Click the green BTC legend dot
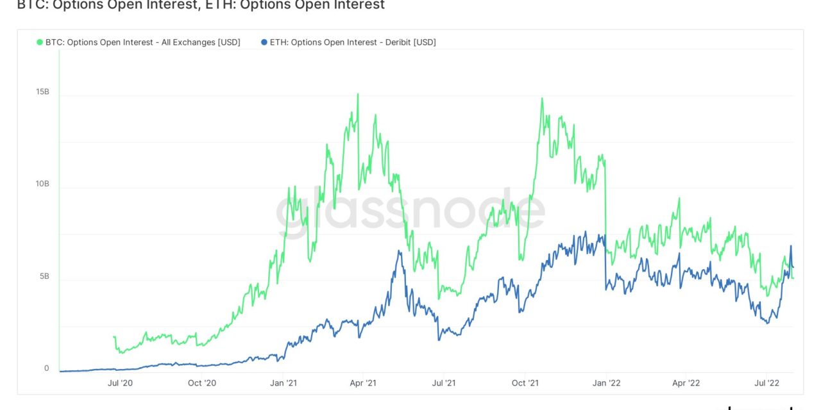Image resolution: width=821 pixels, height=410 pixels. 40,42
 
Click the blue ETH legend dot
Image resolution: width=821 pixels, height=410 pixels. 264,42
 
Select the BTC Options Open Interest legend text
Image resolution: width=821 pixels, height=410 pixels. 142,42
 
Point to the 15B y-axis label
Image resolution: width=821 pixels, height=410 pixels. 42,92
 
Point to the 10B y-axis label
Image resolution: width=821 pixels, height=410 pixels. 42,184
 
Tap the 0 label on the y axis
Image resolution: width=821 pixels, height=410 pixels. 46,368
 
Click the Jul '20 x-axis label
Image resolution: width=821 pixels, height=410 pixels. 120,383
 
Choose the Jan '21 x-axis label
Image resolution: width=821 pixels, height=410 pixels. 282,383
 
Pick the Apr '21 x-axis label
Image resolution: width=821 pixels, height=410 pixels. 362,383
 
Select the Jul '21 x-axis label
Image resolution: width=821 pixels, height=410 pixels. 443,383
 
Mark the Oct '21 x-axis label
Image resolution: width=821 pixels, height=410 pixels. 525,383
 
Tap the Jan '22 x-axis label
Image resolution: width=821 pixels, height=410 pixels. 605,383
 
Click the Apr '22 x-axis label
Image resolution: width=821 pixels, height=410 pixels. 685,383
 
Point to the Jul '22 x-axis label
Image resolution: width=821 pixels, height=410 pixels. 766,383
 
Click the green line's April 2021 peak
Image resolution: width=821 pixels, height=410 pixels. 357,94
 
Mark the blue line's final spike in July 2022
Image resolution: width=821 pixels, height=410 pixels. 791,246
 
